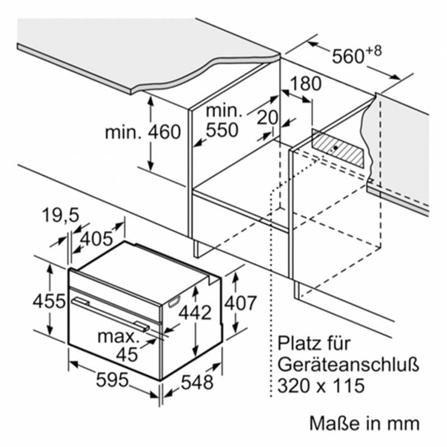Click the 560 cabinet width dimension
(348, 56)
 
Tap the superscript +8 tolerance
(373, 51)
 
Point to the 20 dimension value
(267, 117)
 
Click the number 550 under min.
(222, 130)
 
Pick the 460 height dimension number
(164, 132)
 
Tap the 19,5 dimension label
(60, 215)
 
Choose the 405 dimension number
(97, 239)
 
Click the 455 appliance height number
(49, 301)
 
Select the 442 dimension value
(195, 312)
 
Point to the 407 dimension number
(240, 303)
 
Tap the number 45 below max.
(127, 355)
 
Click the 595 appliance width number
(112, 380)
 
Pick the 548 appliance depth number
(197, 382)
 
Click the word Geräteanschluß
(348, 365)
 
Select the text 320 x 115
(321, 386)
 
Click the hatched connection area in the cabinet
(338, 149)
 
